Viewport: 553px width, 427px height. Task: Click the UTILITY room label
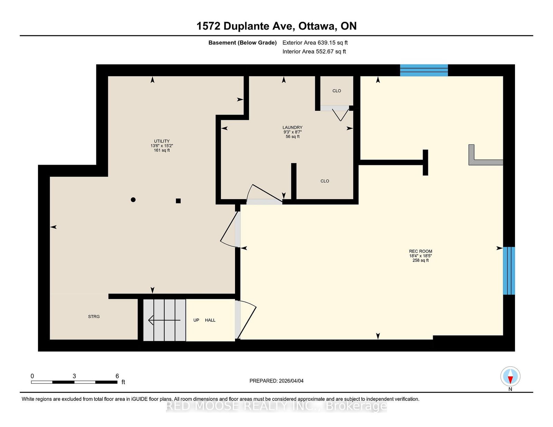(x=162, y=141)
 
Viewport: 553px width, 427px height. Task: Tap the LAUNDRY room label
(x=292, y=127)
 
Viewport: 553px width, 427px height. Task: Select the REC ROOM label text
(x=420, y=251)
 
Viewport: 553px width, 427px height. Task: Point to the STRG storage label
(x=94, y=317)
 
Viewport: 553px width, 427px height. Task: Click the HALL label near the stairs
(x=210, y=320)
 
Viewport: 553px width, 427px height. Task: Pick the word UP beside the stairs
(x=196, y=320)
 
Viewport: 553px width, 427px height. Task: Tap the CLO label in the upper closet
(x=337, y=91)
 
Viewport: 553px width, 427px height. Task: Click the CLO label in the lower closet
(x=325, y=181)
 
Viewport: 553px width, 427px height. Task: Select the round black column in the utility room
(x=133, y=200)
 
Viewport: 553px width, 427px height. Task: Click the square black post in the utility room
(x=178, y=201)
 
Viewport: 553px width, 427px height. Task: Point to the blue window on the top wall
(x=424, y=70)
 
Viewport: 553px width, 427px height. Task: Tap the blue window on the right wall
(x=509, y=271)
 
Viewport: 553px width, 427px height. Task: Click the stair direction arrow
(x=165, y=320)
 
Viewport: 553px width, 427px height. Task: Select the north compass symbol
(x=510, y=376)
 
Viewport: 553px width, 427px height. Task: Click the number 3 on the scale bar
(x=74, y=376)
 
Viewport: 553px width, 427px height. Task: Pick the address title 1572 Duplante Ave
(x=246, y=26)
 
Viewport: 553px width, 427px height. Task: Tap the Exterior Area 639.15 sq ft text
(x=315, y=43)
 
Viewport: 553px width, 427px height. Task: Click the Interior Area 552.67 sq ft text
(x=314, y=51)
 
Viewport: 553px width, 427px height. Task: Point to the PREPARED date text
(x=276, y=381)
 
